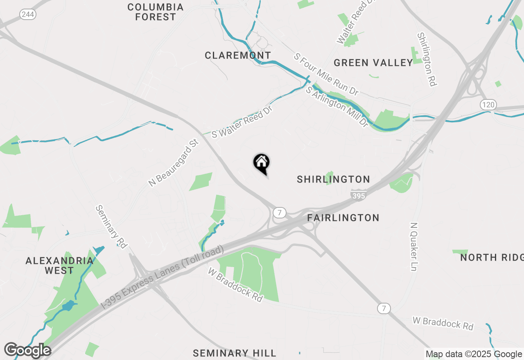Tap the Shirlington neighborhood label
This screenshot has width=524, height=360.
click(x=333, y=179)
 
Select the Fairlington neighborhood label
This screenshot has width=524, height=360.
click(x=343, y=218)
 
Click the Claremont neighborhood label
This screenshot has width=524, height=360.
click(x=237, y=55)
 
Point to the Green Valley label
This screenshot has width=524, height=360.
click(x=373, y=63)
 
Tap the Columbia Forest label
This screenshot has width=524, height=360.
click(x=156, y=12)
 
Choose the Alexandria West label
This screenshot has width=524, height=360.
click(x=59, y=265)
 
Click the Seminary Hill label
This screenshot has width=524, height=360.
click(x=235, y=353)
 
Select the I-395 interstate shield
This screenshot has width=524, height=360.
click(x=358, y=195)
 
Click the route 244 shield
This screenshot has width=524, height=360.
click(x=28, y=14)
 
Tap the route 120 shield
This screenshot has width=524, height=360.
click(x=488, y=104)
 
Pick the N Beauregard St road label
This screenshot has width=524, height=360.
click(x=174, y=163)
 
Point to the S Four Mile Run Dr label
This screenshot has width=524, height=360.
click(x=326, y=74)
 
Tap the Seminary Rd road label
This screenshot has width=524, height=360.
click(x=111, y=226)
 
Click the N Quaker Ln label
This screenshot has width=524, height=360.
click(x=414, y=247)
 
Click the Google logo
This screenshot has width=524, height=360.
click(x=27, y=350)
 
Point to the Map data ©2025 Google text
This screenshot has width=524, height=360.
click(x=474, y=354)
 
